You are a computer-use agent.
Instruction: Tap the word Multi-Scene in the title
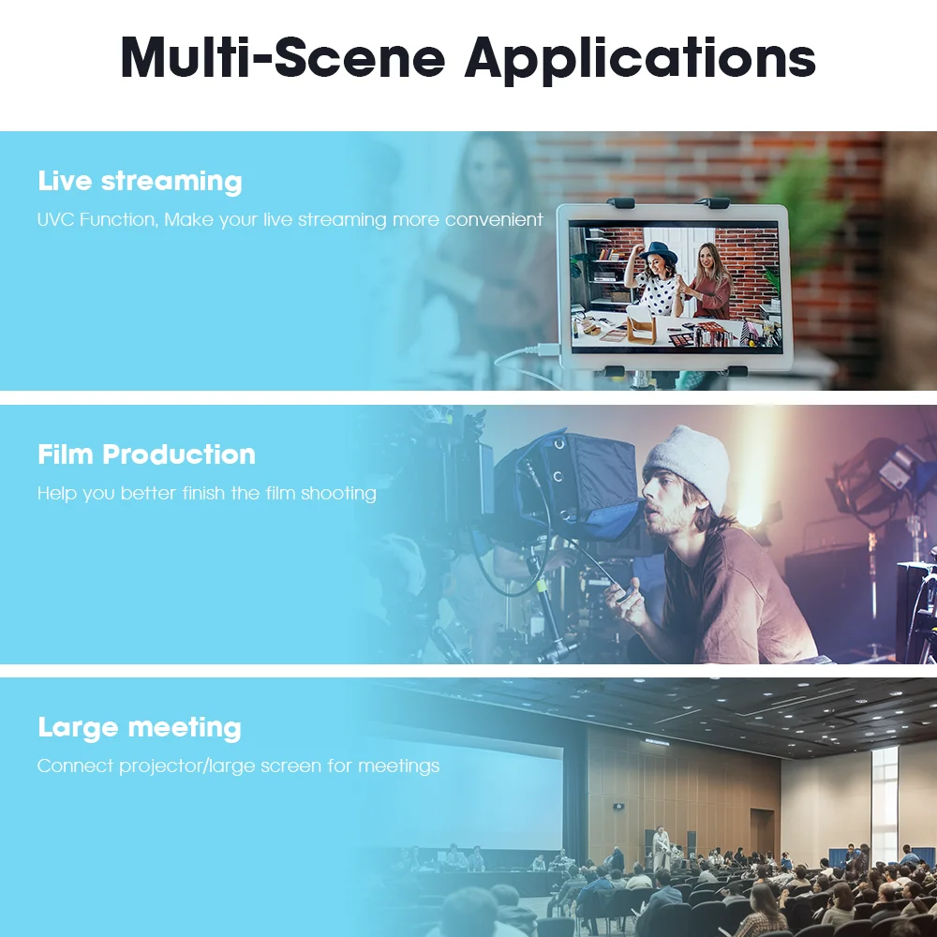tap(283, 57)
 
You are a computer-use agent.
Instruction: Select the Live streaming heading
tap(140, 182)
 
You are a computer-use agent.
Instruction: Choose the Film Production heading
tap(146, 454)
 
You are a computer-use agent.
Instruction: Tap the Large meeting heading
tap(140, 728)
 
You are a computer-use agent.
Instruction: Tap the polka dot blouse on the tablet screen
tap(658, 293)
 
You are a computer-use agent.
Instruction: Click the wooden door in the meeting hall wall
tap(762, 831)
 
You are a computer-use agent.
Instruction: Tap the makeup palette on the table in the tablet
tap(680, 339)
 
